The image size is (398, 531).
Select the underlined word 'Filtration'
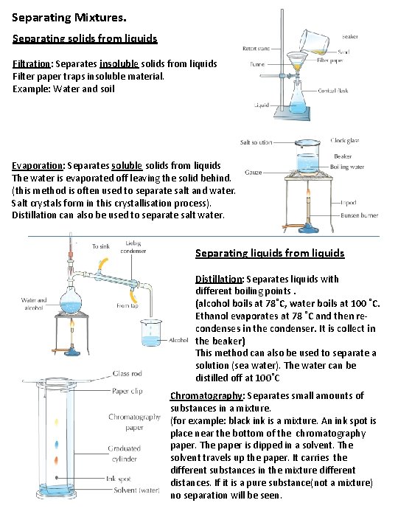(x=35, y=64)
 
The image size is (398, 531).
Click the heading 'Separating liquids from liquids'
(x=270, y=253)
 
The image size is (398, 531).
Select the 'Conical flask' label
(x=336, y=90)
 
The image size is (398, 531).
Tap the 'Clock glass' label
(x=345, y=140)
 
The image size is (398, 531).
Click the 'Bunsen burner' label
(x=360, y=215)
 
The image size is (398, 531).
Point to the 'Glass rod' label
(x=127, y=374)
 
